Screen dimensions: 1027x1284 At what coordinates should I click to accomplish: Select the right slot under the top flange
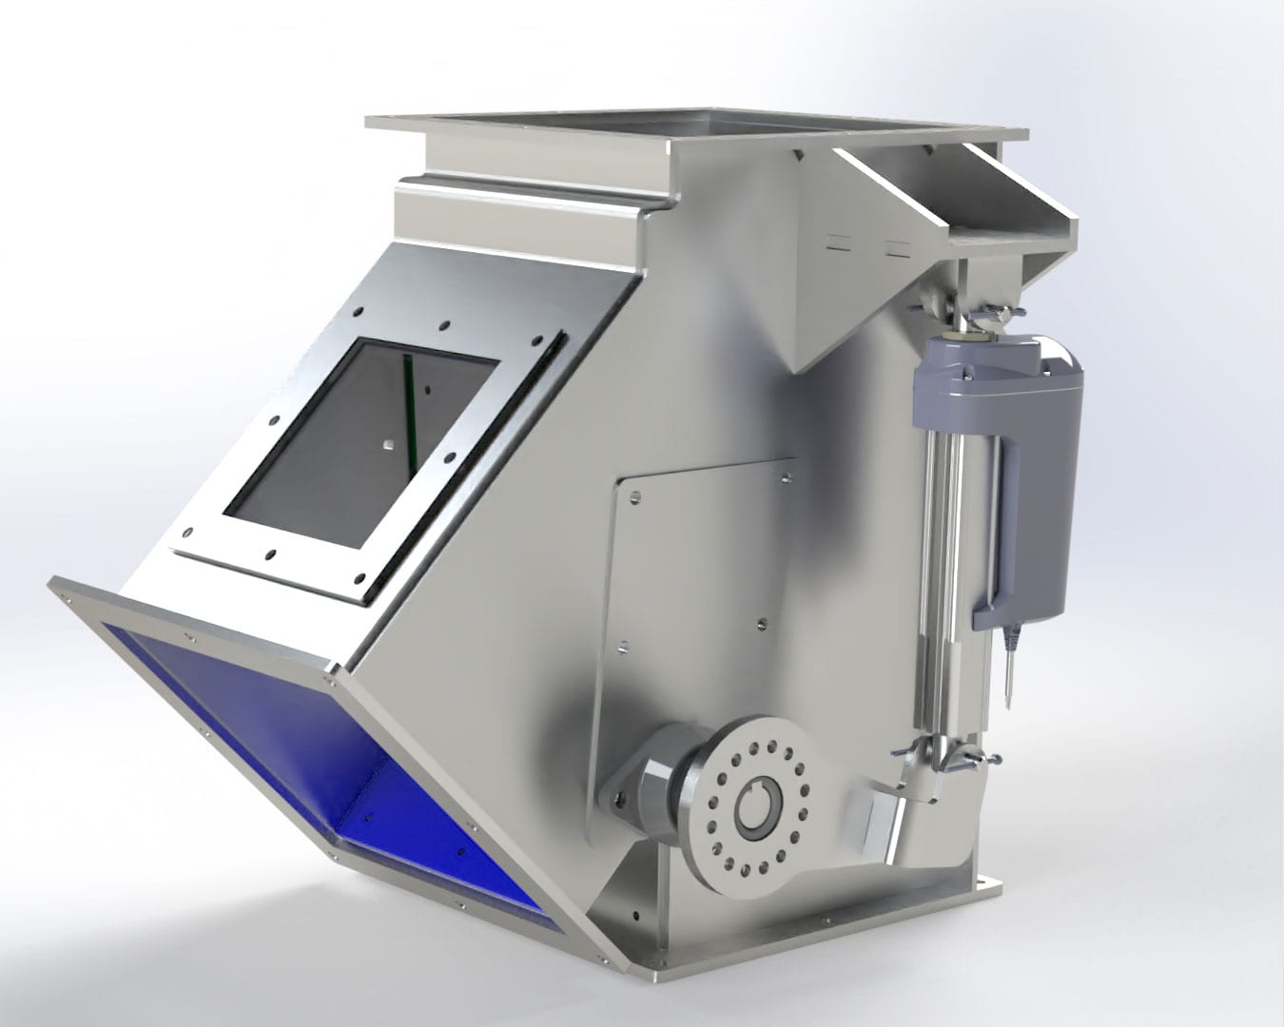coord(897,249)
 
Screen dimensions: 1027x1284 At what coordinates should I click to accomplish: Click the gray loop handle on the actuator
coord(995,533)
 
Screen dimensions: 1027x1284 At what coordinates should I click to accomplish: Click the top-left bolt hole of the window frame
coord(359,311)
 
